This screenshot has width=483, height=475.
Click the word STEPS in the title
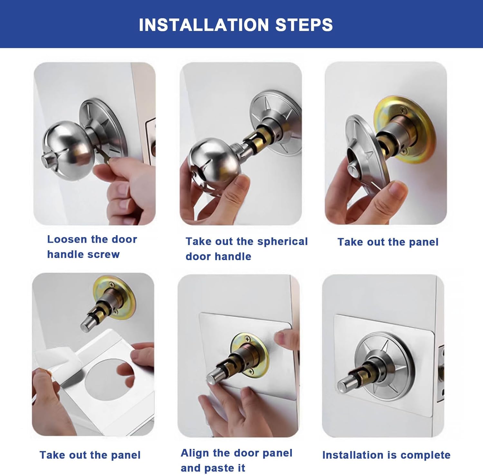304,25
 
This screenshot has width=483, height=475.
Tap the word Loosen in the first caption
67,239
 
